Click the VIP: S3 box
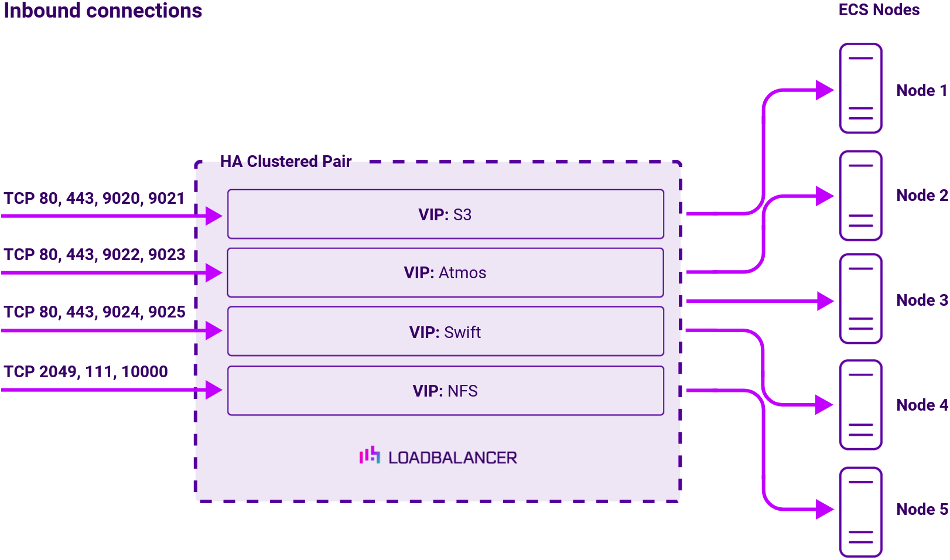tap(445, 214)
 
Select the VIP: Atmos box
tap(445, 273)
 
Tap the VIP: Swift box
tap(445, 332)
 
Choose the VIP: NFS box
tap(445, 391)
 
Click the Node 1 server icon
tap(860, 88)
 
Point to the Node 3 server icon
tap(860, 299)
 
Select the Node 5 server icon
tap(860, 512)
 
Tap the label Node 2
tap(921, 196)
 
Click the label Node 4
tap(921, 405)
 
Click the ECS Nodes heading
tap(879, 10)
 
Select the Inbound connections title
tap(103, 11)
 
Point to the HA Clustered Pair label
tap(286, 162)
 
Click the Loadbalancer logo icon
tap(370, 455)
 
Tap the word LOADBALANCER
tap(453, 458)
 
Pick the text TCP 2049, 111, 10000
tap(86, 372)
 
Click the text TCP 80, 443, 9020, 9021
tap(94, 199)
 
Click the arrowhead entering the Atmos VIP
tap(213, 273)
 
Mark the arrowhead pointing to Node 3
tap(825, 301)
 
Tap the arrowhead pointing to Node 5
tap(825, 509)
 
